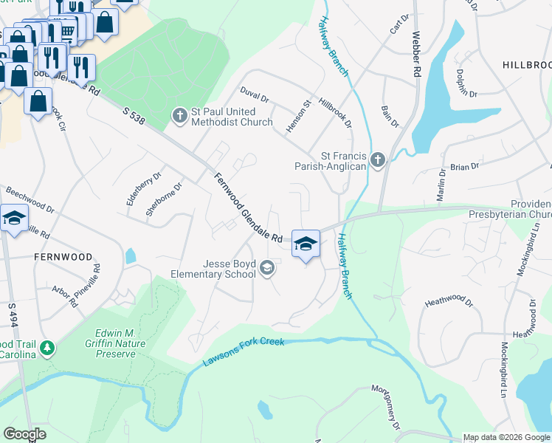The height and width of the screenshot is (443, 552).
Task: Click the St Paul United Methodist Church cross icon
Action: [179, 115]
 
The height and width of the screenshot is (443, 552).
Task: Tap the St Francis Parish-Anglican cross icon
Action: [378, 159]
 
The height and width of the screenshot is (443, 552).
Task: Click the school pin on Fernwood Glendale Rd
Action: [306, 243]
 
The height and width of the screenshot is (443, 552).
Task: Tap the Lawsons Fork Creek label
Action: [243, 352]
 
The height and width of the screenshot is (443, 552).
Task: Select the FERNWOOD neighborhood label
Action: [63, 257]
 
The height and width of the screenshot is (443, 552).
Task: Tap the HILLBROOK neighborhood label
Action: [527, 65]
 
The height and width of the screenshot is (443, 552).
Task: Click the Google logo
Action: [24, 434]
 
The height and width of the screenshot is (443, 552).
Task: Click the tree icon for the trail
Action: [47, 347]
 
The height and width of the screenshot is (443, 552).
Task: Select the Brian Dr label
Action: [464, 167]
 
